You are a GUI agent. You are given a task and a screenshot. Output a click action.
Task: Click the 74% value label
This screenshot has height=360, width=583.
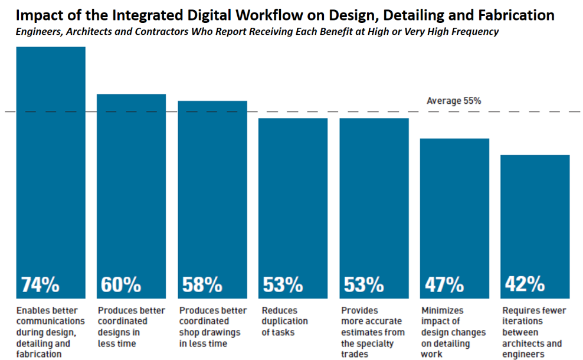pyautogui.click(x=41, y=284)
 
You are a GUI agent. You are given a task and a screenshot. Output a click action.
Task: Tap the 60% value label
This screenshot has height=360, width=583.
pyautogui.click(x=121, y=284)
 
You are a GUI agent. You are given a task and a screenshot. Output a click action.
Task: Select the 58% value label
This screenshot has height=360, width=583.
pyautogui.click(x=202, y=284)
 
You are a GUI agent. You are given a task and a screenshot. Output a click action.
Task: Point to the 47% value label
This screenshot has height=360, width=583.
pyautogui.click(x=444, y=284)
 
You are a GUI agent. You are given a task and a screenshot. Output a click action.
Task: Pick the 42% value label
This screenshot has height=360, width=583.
pyautogui.click(x=525, y=284)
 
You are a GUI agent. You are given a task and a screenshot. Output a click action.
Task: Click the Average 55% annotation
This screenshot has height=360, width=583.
pyautogui.click(x=454, y=101)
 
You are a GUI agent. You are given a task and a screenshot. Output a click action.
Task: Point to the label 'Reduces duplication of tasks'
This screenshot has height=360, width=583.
pyautogui.click(x=285, y=321)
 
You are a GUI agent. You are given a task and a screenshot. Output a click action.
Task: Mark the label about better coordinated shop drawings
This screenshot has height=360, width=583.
pyautogui.click(x=209, y=327)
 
